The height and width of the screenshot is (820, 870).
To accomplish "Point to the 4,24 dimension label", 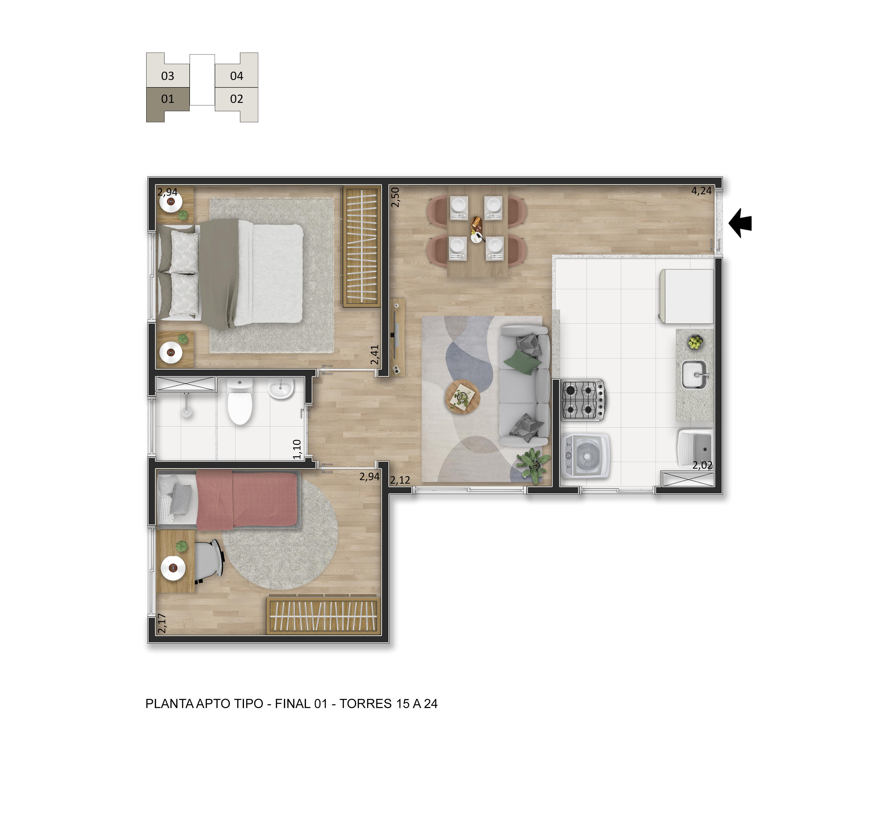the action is click(702, 191).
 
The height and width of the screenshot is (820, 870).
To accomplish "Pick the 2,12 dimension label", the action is click(400, 480).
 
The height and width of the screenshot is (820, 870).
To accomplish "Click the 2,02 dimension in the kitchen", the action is click(702, 465).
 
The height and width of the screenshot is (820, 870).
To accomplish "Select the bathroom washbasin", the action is click(280, 388).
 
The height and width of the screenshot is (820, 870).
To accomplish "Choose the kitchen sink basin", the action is click(695, 375).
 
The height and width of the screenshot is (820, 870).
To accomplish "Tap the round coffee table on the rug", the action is click(463, 397).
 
